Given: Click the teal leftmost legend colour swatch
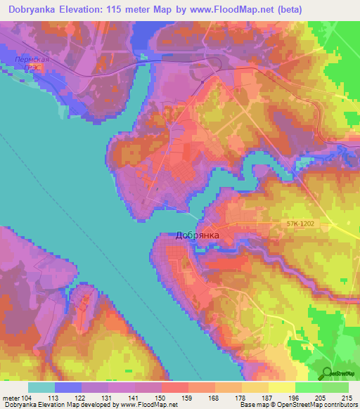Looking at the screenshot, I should point(41,387).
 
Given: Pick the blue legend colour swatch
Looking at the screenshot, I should point(68,387).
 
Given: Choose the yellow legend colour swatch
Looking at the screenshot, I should point(281,387).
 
